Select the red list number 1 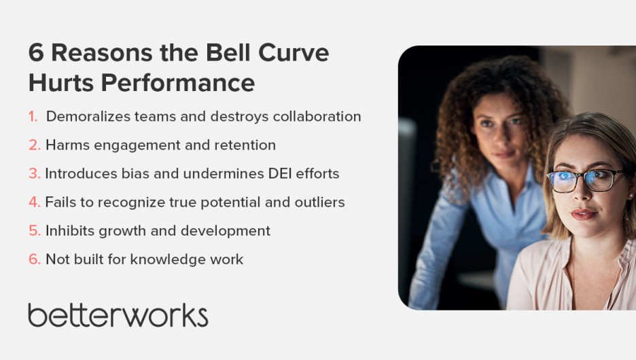pyautogui.click(x=33, y=117)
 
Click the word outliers pyautogui.click(x=319, y=202)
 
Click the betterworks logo pyautogui.click(x=118, y=315)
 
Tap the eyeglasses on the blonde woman pyautogui.click(x=586, y=181)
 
